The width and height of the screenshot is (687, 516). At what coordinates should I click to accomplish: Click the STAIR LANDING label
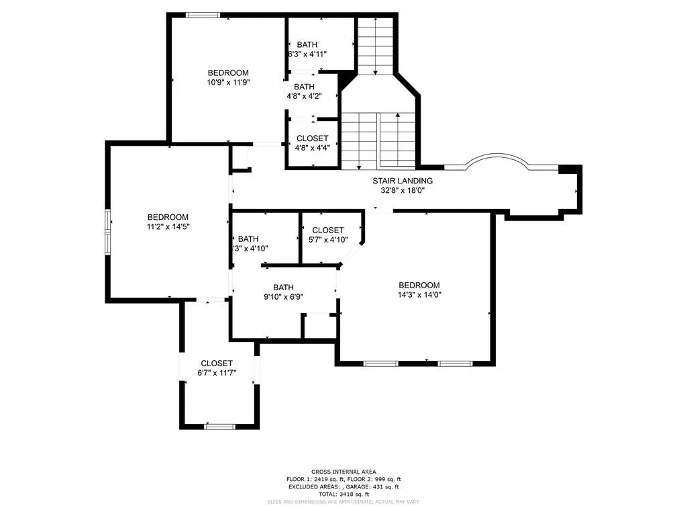pyautogui.click(x=403, y=181)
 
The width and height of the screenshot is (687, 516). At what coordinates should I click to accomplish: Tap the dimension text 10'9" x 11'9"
pyautogui.click(x=227, y=83)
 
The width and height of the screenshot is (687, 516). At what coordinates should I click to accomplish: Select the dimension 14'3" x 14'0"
pyautogui.click(x=419, y=294)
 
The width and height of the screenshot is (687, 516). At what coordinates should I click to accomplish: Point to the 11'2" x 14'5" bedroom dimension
pyautogui.click(x=168, y=227)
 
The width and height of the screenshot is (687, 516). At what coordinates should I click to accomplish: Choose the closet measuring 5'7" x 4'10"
pyautogui.click(x=327, y=234)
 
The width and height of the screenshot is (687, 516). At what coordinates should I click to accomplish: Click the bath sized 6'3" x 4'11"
pyautogui.click(x=307, y=49)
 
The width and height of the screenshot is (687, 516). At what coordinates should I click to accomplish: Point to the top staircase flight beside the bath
pyautogui.click(x=375, y=44)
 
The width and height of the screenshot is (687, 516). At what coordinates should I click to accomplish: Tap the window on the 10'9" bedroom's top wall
pyautogui.click(x=201, y=15)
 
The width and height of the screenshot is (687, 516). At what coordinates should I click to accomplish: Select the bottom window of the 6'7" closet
pyautogui.click(x=219, y=427)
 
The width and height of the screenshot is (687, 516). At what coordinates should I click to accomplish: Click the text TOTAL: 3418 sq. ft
pyautogui.click(x=343, y=494)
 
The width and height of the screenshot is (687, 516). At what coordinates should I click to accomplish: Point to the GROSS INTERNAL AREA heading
pyautogui.click(x=343, y=472)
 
